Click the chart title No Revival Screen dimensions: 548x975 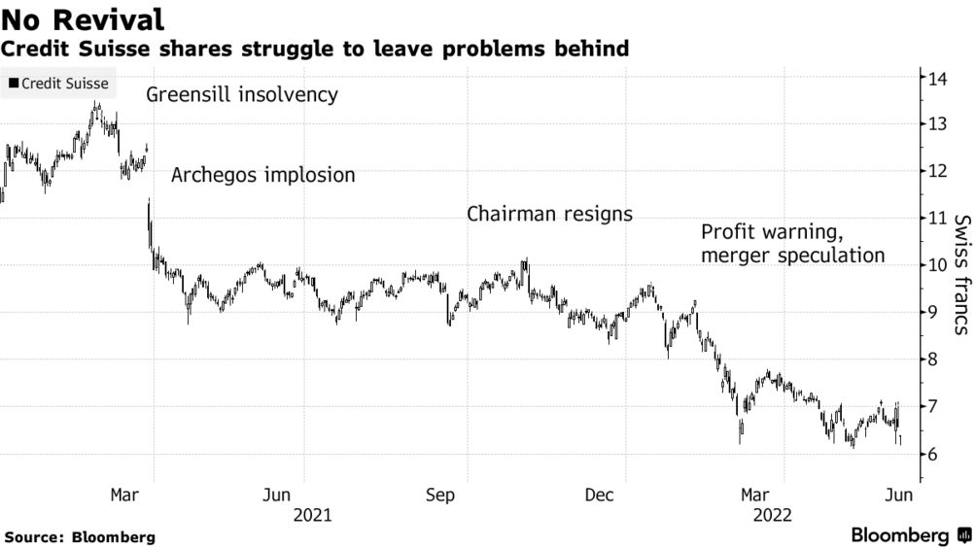point(82,18)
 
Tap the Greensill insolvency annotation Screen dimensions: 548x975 point(242,95)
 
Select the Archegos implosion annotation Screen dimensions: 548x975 point(263,176)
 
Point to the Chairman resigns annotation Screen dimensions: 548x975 point(549,214)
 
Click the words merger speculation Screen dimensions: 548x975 point(793,257)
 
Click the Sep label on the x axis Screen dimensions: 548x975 point(442,496)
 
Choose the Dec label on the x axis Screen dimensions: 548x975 point(601,496)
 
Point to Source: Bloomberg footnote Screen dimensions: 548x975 point(80,536)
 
